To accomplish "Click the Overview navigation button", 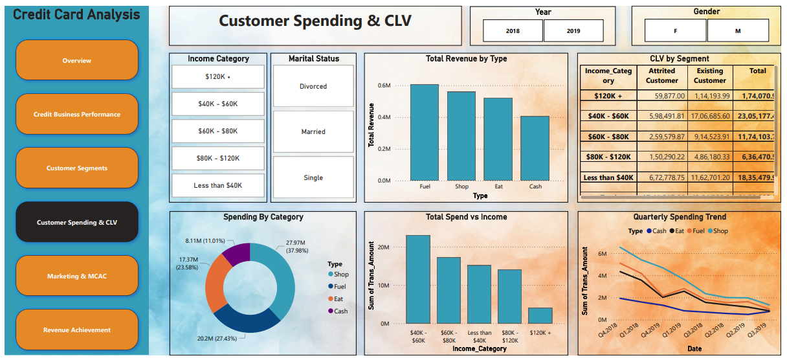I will coord(77,60).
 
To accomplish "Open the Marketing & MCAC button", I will coord(77,276).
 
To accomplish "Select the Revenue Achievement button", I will coord(77,330).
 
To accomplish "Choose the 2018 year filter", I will coord(513,30).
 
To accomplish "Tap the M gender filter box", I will coord(738,30).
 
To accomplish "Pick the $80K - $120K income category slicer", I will coord(218,158).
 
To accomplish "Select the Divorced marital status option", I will coord(313,86).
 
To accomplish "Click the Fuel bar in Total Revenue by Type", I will coord(424,132).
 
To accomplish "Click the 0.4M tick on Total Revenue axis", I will coord(384,117).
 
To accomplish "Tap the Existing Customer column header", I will coord(710,76).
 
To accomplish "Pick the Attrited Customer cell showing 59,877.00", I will coord(661,96).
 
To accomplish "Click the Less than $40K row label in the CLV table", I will coord(608,177).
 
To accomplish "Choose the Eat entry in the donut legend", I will coord(337,298).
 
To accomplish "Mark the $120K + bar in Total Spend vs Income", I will coord(540,315).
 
